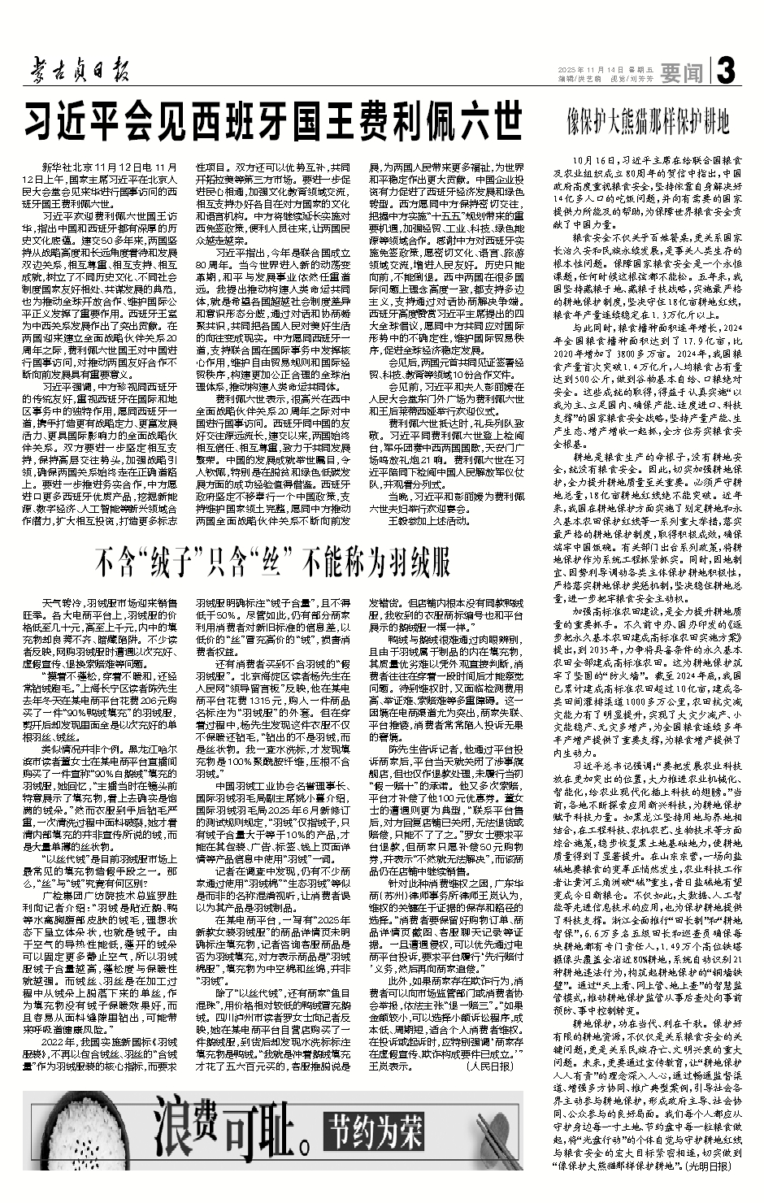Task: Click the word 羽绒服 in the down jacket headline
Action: coord(418,562)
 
